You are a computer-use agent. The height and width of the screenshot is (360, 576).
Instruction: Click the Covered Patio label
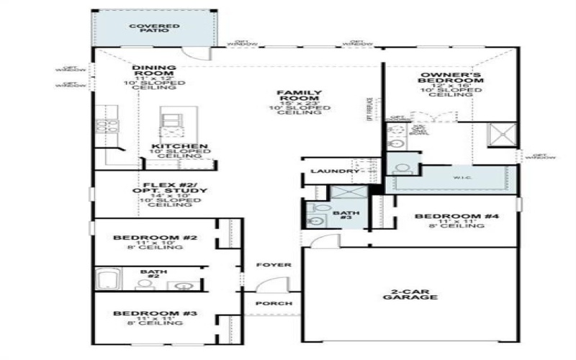click(153, 29)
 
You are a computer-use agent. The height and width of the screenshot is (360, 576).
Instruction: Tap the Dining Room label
click(153, 71)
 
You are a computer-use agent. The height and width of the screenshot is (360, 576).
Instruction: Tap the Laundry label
click(334, 171)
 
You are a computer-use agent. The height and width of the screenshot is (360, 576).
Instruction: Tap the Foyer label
click(274, 265)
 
